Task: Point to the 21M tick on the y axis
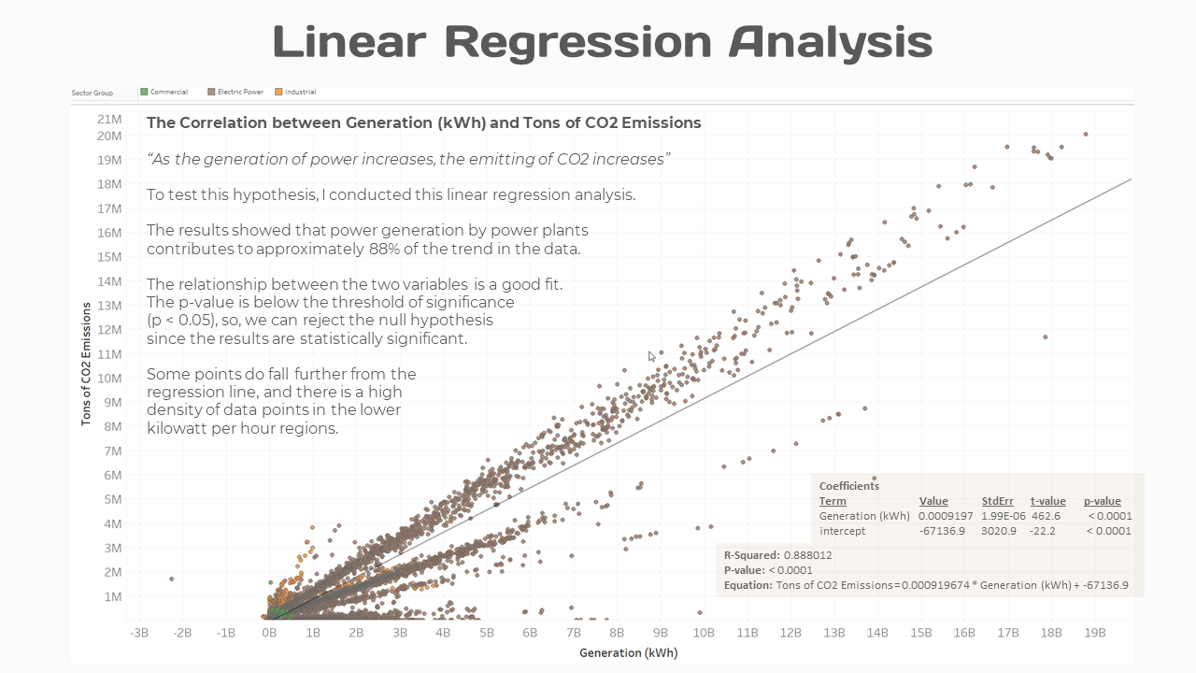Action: click(108, 120)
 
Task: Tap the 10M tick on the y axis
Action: click(108, 378)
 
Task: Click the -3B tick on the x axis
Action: click(138, 633)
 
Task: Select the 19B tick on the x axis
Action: click(1094, 633)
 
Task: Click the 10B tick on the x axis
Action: click(704, 633)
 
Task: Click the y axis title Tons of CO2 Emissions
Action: click(86, 362)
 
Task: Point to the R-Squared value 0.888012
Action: click(807, 554)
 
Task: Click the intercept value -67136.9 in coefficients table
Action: click(941, 531)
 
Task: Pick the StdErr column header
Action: click(997, 501)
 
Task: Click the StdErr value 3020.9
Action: click(999, 531)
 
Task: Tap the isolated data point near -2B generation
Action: click(172, 579)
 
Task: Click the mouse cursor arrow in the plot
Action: click(652, 355)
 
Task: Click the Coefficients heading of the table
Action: click(848, 486)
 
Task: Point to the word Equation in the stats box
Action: click(747, 585)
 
